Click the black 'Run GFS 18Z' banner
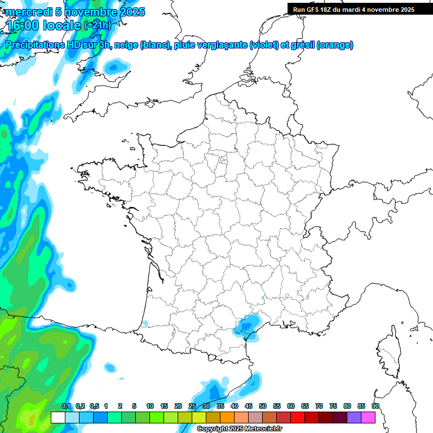(359, 10)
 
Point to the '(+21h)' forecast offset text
(97, 25)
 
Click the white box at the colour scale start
(58, 418)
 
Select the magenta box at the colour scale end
(368, 418)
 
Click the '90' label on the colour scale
(375, 406)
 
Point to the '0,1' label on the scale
(65, 406)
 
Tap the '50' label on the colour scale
(263, 406)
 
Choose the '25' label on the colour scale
(192, 406)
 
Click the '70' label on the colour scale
(319, 406)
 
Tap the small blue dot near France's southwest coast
(145, 324)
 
